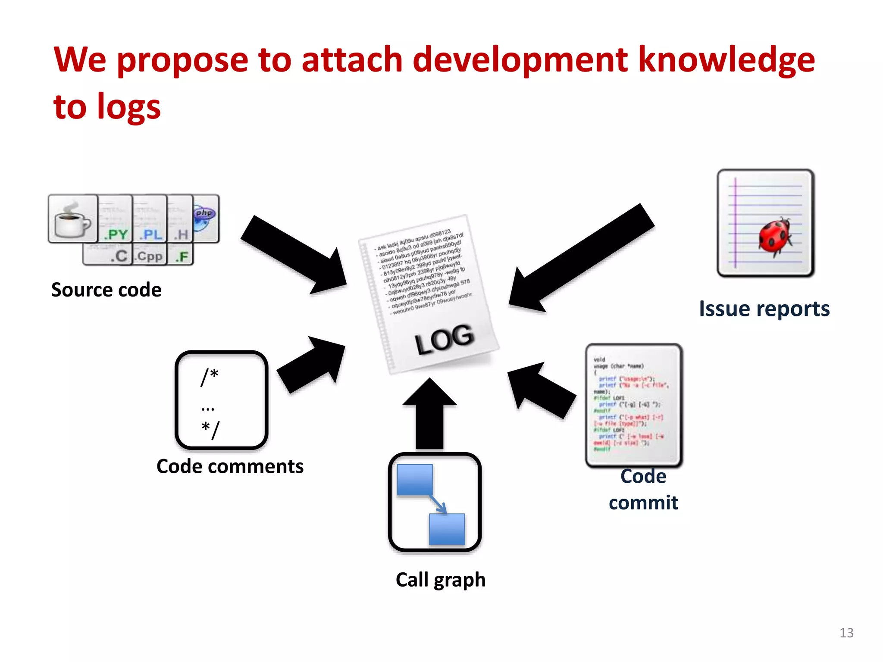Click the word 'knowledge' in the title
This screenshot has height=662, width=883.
726,60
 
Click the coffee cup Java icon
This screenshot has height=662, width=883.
72,219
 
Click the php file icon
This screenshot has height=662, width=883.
206,218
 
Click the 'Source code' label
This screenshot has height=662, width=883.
106,290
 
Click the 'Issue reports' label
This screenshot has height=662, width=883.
764,309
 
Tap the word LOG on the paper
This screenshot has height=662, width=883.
444,340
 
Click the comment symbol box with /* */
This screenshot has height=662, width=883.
221,400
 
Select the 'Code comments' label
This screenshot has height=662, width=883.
230,467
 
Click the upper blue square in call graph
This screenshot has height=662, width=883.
414,479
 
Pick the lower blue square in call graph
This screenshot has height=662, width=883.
447,529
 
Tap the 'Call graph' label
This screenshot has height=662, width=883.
440,580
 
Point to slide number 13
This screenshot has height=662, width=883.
846,633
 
